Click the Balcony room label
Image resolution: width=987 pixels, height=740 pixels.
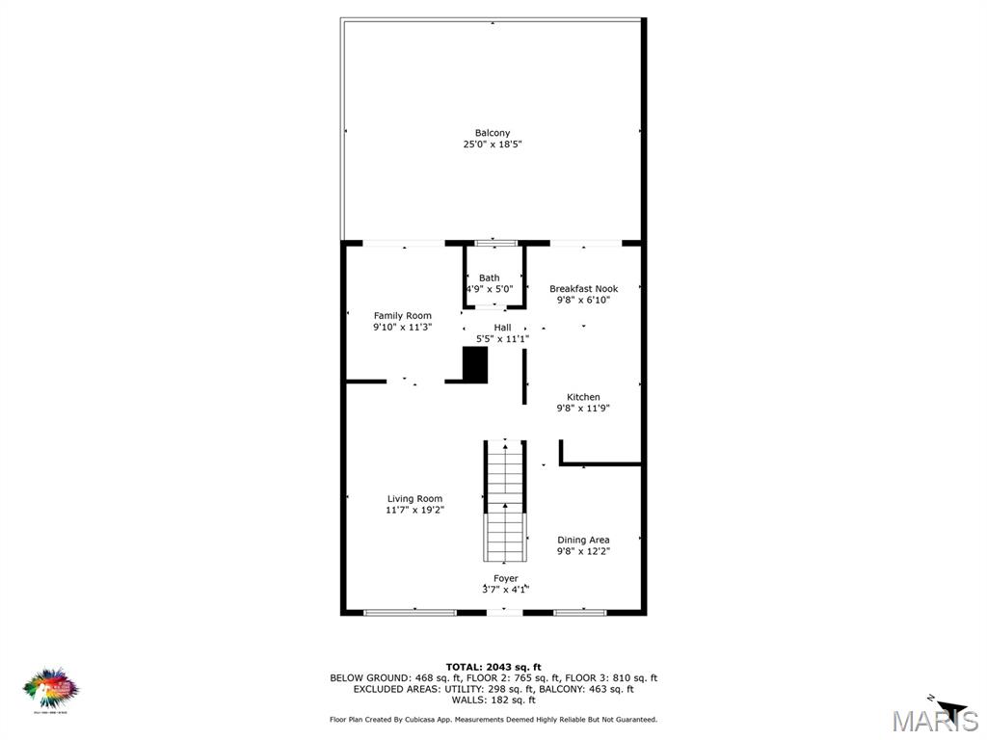tap(492, 133)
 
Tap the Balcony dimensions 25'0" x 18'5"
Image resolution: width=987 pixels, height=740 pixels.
tap(492, 145)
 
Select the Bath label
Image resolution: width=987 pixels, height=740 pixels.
tap(490, 277)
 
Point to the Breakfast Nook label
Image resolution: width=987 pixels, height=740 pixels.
tap(583, 288)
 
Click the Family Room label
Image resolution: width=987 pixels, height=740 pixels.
tap(402, 315)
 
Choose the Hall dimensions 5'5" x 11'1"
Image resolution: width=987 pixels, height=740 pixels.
tap(502, 338)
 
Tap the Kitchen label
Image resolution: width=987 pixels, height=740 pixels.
tap(583, 397)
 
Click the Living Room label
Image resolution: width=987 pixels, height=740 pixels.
tap(414, 499)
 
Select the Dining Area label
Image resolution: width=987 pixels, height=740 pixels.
tap(583, 540)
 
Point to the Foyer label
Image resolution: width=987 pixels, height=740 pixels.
tap(506, 578)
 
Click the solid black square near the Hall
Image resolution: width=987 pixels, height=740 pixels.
tap(475, 365)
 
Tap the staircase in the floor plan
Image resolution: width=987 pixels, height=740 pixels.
tap(505, 501)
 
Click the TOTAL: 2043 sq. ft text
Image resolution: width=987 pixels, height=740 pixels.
tap(493, 667)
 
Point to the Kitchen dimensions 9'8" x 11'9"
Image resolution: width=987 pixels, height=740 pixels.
tap(583, 409)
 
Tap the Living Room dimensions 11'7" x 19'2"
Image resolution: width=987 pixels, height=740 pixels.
tap(414, 511)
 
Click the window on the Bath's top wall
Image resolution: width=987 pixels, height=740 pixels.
tap(496, 243)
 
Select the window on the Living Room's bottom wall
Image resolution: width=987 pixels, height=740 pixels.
tap(410, 612)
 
